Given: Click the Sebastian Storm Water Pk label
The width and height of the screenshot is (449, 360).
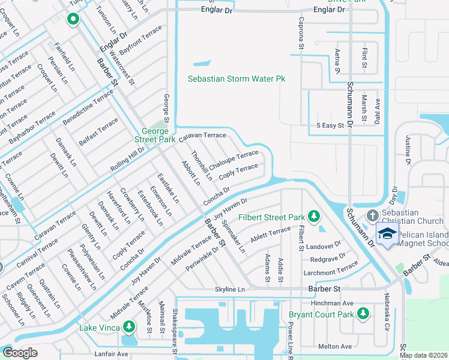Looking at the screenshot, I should point(236,79).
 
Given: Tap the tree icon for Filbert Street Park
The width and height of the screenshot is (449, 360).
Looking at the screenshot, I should point(313,216).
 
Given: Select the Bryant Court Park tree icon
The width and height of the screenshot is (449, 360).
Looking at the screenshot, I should point(363,314).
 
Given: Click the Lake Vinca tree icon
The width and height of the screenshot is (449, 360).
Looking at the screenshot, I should point(128,327).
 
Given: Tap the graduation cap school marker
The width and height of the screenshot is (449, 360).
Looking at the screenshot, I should point(387,235).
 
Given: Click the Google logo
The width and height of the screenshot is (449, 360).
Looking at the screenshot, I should point(20,353).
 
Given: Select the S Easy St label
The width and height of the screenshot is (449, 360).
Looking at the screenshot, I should point(330,126).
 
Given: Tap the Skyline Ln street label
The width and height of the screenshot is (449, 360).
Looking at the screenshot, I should point(231,289).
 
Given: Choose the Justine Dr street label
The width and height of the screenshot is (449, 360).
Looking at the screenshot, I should point(408,150).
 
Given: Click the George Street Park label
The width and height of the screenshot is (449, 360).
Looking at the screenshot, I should point(158,135).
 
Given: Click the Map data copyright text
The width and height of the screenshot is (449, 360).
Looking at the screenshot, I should point(423,355).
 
